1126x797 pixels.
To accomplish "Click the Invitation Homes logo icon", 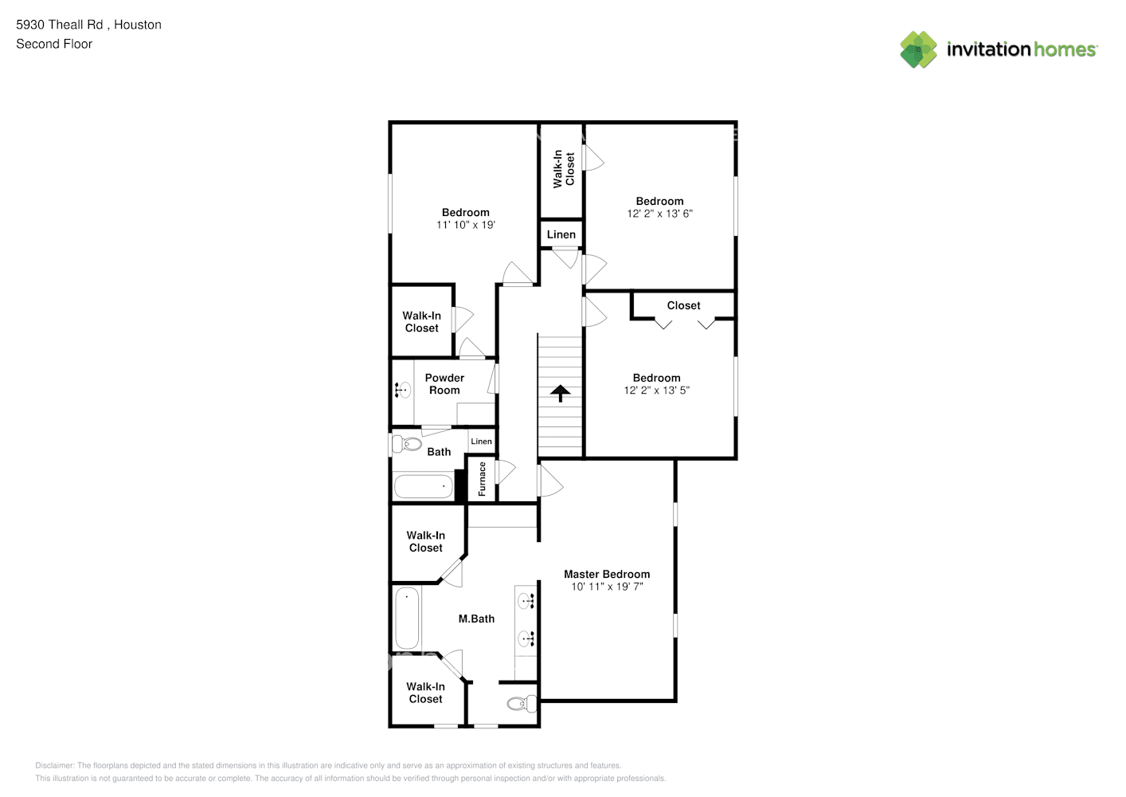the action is tap(918, 49).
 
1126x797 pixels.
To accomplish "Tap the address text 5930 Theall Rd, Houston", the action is tap(88, 25).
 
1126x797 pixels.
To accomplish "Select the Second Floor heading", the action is tap(54, 44).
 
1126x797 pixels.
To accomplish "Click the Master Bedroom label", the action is tap(607, 574).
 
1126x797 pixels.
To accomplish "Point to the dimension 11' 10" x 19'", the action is tap(466, 225).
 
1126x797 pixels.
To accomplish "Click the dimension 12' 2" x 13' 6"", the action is tap(659, 214).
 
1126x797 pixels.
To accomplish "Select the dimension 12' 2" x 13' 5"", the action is tap(656, 390).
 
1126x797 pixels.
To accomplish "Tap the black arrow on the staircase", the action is tap(560, 393).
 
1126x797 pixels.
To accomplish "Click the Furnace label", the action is tap(482, 478).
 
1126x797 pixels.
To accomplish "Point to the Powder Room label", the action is tap(444, 384).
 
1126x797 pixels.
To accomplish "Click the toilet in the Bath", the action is tap(407, 444).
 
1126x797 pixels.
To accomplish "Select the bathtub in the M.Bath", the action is tap(407, 618).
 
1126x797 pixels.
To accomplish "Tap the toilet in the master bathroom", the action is tap(522, 704).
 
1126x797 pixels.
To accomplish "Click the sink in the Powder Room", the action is tap(403, 390).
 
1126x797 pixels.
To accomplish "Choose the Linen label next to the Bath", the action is tap(481, 442).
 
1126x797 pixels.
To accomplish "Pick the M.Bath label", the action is tap(476, 619).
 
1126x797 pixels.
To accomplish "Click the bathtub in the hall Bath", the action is tap(424, 486).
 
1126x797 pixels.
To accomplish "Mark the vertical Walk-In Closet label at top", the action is tap(564, 169).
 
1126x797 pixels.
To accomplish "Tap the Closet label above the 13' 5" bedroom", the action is tap(683, 305).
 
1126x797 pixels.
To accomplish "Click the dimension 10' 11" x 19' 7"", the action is tap(607, 586).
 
